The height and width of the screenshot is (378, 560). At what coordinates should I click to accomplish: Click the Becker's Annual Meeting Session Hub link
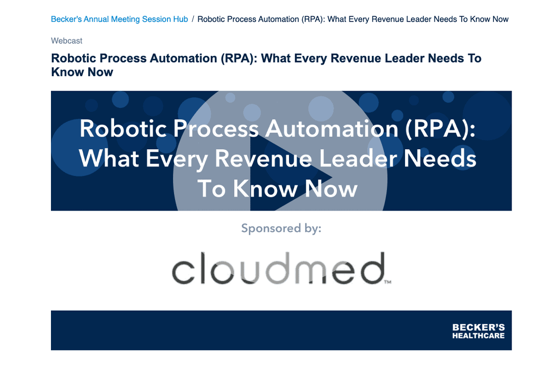tap(119, 19)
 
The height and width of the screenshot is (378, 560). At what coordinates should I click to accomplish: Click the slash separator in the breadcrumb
tap(193, 19)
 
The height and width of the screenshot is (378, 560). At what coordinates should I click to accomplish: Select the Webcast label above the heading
tap(67, 41)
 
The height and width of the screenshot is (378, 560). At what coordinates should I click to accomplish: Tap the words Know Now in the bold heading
tap(82, 72)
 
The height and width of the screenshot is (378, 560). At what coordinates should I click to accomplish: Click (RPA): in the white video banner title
tap(440, 129)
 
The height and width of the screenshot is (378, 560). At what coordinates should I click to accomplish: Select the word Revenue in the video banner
tap(263, 158)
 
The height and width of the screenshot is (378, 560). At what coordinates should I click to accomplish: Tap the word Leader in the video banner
tap(358, 158)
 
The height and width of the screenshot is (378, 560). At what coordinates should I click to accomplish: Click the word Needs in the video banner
tap(440, 158)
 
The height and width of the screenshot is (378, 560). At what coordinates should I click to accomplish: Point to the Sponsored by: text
tap(282, 228)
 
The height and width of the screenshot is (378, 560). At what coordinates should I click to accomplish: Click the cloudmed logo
tap(282, 268)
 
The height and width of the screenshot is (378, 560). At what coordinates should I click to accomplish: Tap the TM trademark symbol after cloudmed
tap(388, 282)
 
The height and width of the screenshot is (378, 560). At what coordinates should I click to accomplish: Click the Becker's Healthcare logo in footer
tap(479, 331)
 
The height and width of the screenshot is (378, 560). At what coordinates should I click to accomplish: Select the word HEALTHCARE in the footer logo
tap(479, 336)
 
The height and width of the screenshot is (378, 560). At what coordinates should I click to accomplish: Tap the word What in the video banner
tap(109, 158)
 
